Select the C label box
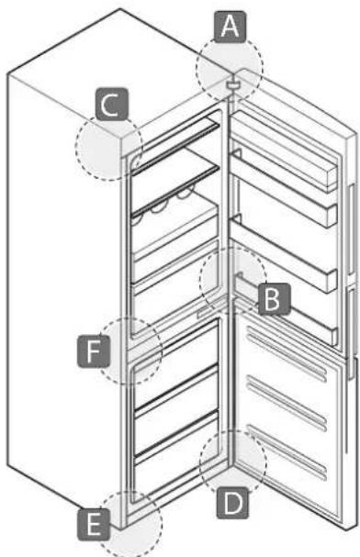[109, 107]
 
